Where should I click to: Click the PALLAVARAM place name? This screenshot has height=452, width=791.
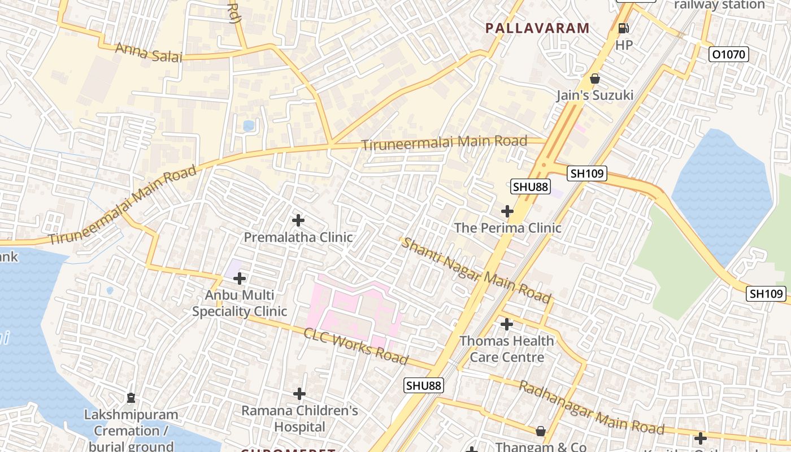click(x=537, y=28)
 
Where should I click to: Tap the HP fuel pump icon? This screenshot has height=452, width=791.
click(x=624, y=28)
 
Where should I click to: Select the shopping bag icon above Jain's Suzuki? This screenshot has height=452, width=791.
click(x=594, y=79)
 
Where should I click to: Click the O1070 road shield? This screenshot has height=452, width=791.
click(x=729, y=54)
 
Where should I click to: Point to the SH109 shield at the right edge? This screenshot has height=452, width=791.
click(x=766, y=293)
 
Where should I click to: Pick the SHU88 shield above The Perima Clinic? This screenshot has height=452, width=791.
click(x=531, y=186)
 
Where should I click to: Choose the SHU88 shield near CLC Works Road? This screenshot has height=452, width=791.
click(x=424, y=385)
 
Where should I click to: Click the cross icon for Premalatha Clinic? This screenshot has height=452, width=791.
click(x=298, y=220)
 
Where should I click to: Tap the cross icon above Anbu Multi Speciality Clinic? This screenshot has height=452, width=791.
click(x=240, y=279)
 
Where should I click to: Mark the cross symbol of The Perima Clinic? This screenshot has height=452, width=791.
click(x=507, y=211)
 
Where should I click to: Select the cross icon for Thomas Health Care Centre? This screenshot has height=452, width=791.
click(x=507, y=324)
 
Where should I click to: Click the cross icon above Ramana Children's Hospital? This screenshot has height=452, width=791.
click(x=299, y=394)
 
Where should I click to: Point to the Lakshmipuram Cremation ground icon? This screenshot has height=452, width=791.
click(x=131, y=398)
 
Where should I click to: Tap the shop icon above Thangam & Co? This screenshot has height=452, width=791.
click(x=541, y=431)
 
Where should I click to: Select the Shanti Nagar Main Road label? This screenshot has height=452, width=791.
click(x=476, y=270)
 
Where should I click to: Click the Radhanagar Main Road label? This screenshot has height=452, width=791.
click(x=591, y=407)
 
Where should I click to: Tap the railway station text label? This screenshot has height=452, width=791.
click(x=719, y=5)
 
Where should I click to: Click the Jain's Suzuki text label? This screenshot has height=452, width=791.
click(x=594, y=95)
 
